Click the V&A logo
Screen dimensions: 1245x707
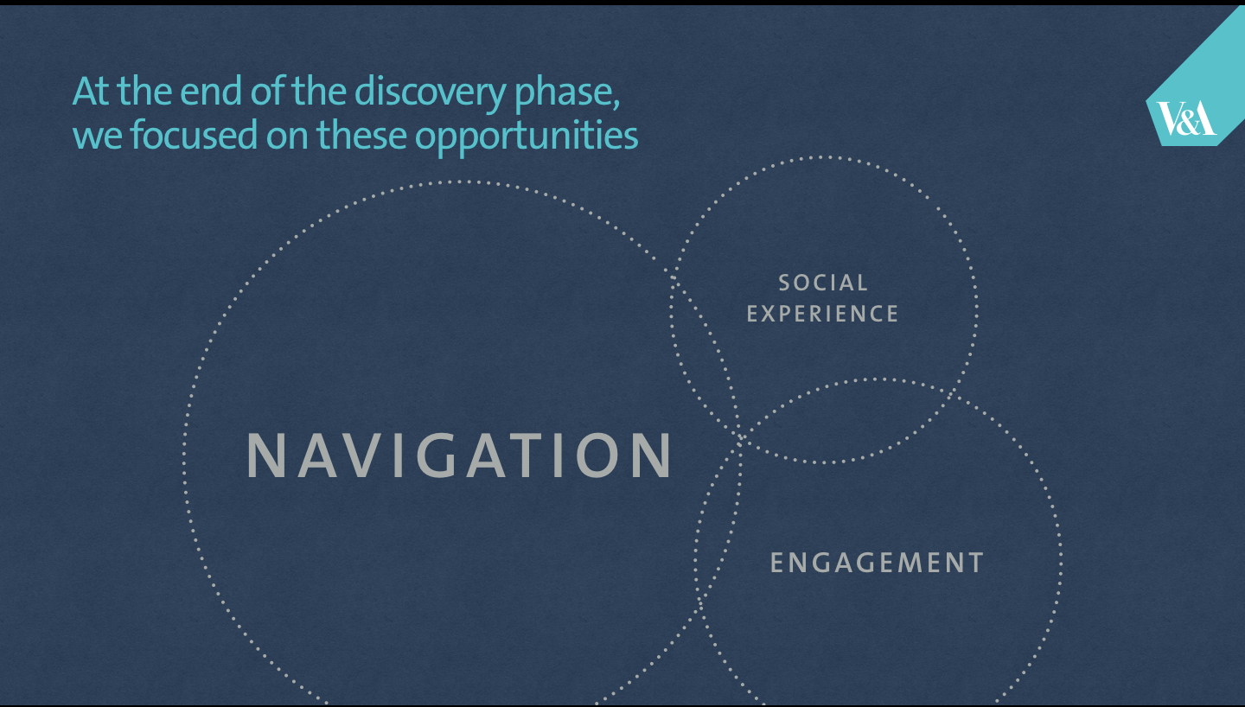coord(1185,118)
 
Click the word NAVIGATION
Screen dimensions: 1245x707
coord(460,455)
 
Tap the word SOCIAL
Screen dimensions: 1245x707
coord(822,283)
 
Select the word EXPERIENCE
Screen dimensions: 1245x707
coord(822,314)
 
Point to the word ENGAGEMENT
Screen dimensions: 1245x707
coord(877,563)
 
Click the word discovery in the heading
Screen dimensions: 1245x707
coord(430,91)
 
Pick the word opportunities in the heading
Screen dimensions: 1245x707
coord(527,137)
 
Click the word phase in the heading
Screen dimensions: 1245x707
coord(566,93)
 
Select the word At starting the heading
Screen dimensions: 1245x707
coord(92,92)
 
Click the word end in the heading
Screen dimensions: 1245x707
coord(211,91)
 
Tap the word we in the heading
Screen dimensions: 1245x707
coord(97,138)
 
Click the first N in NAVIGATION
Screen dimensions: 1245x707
coord(266,455)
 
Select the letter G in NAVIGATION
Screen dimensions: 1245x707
coord(437,455)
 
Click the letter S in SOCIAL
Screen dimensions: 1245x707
coord(784,283)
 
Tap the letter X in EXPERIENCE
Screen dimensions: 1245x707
coord(769,314)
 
